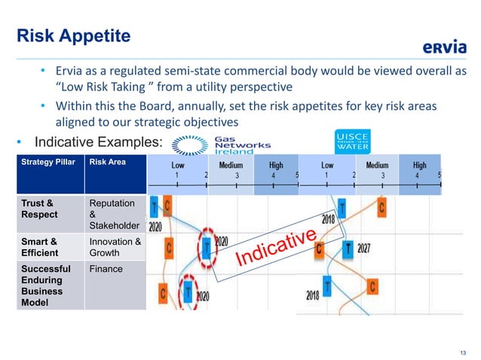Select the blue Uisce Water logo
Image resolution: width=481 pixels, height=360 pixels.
[x=352, y=140]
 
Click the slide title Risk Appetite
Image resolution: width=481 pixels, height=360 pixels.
[x=75, y=35]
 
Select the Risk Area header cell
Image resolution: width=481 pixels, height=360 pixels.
[x=109, y=161]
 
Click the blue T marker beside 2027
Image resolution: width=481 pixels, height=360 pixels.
[x=348, y=246]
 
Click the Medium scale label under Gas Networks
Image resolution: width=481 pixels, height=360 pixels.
[x=231, y=165]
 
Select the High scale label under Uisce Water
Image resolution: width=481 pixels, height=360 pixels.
[x=419, y=165]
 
